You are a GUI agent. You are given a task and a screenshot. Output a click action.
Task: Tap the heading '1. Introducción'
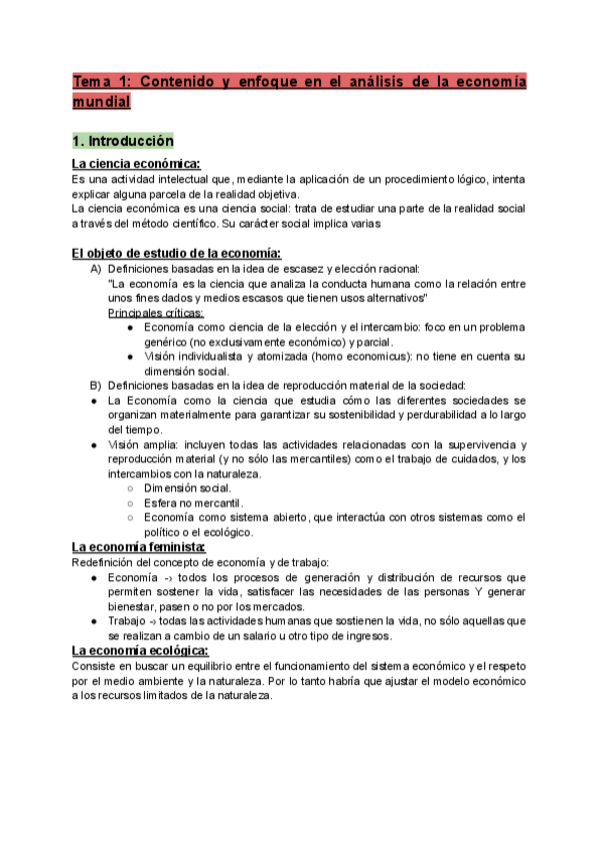[x=122, y=141]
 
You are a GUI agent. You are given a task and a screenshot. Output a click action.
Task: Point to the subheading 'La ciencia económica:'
[x=137, y=164]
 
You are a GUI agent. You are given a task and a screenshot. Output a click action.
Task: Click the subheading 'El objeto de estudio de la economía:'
[x=176, y=252]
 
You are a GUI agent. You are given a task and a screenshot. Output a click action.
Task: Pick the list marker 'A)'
[x=96, y=269]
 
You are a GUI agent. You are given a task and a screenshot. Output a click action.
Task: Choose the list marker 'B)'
[x=96, y=386]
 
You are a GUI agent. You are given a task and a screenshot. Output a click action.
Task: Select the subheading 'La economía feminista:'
[x=139, y=547]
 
